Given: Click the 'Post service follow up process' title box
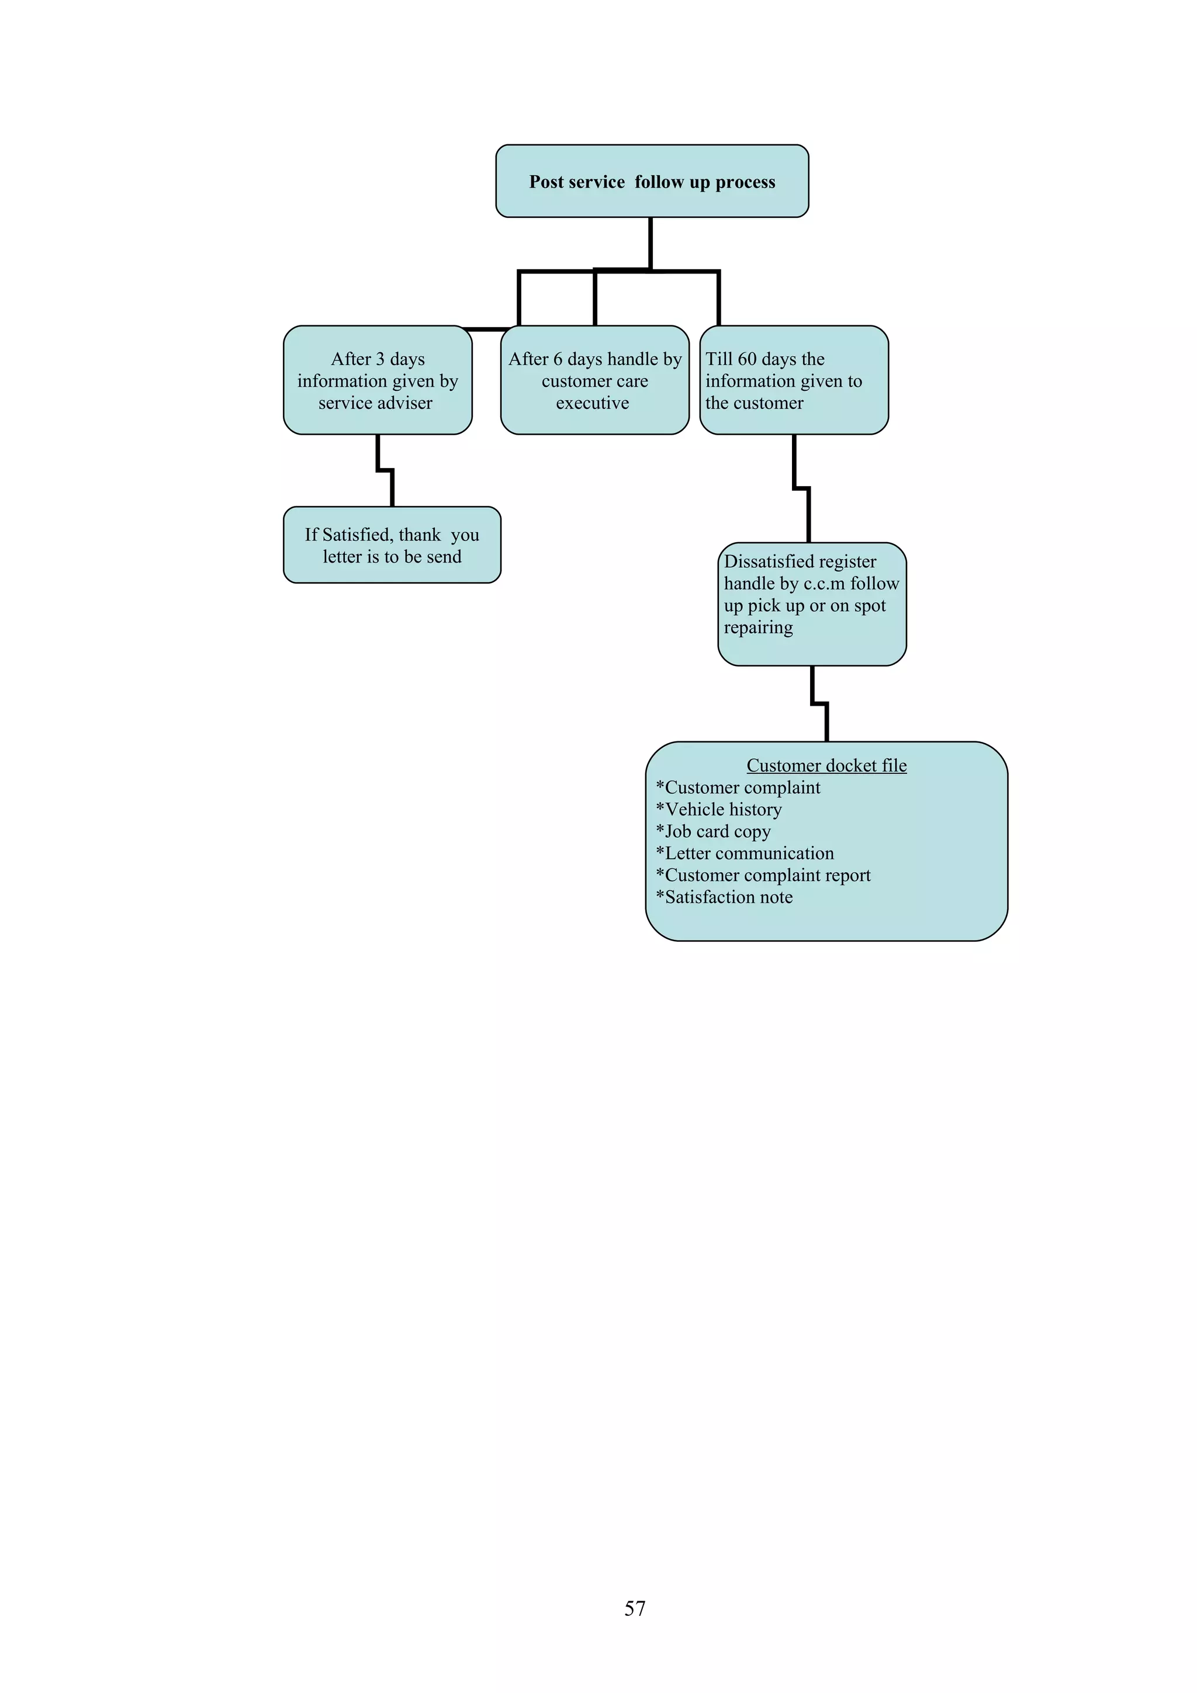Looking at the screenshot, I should (652, 181).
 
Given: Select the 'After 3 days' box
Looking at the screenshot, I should (378, 380).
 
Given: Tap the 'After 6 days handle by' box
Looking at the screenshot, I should (594, 380).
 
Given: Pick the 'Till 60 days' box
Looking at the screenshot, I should (794, 380).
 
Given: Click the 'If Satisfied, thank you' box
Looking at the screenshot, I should (392, 545).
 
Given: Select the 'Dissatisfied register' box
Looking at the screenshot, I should (811, 604).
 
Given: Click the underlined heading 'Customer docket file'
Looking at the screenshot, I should (826, 765).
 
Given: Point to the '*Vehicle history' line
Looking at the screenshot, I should (719, 810).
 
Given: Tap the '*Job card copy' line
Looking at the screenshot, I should (713, 832).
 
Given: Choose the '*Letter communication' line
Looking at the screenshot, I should (745, 853).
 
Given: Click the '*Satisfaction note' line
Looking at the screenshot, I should (724, 897).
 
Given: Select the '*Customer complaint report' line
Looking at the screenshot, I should (763, 875).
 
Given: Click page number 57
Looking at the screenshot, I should (635, 1608).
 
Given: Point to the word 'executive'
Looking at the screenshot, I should (592, 403).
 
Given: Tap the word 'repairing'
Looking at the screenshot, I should (758, 627).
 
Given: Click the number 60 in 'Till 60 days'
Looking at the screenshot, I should (747, 359).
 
